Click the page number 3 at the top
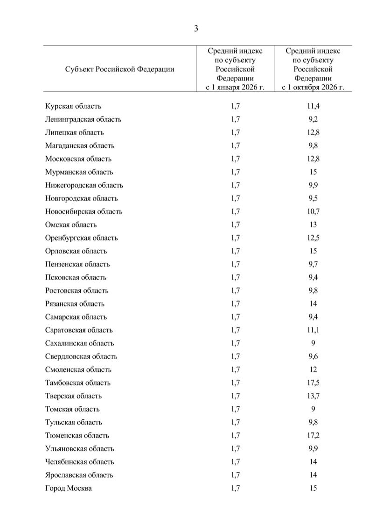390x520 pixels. tap(196, 28)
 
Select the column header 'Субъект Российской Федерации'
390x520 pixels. tap(120, 69)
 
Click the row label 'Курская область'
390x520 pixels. tap(73, 106)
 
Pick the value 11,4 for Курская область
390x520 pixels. tap(313, 106)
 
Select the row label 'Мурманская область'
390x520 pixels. tap(79, 172)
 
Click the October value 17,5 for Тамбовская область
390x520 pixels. tap(313, 383)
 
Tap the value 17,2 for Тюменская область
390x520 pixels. tap(313, 436)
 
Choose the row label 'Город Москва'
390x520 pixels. tap(69, 488)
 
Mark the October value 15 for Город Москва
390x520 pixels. tap(313, 488)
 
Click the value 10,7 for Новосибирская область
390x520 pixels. tap(313, 212)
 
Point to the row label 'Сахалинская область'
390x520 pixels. tap(80, 343)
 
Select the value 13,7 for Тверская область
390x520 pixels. tap(313, 396)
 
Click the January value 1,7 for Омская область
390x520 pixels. tap(235, 225)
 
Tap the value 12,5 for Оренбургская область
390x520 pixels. tap(313, 238)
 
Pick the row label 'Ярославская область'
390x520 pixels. tap(79, 475)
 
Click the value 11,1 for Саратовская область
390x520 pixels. tap(313, 330)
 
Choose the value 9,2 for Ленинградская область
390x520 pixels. tap(313, 119)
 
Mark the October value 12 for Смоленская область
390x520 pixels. tap(313, 370)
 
